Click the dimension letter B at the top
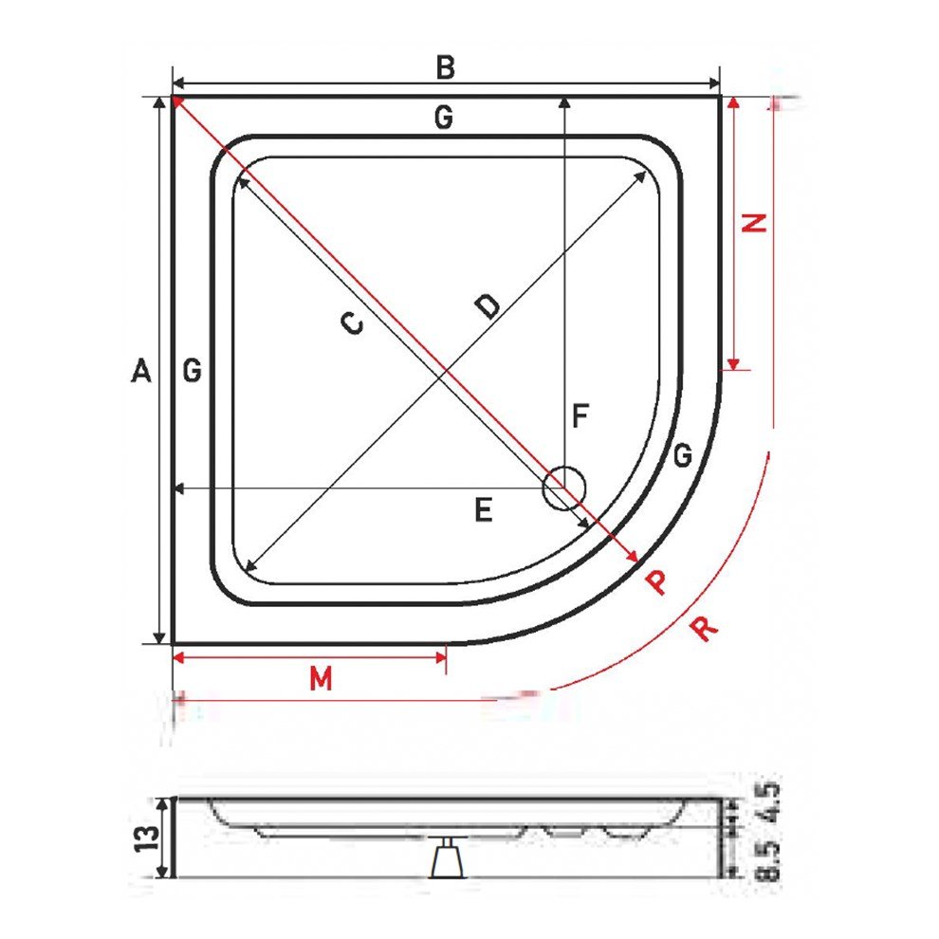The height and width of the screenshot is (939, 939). pyautogui.click(x=446, y=68)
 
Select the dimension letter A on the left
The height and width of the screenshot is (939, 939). pyautogui.click(x=141, y=372)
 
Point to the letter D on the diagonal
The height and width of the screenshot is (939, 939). pyautogui.click(x=488, y=305)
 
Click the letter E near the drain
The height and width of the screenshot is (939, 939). pyautogui.click(x=484, y=512)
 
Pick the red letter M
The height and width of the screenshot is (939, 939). pyautogui.click(x=322, y=679)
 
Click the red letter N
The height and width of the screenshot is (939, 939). pyautogui.click(x=754, y=223)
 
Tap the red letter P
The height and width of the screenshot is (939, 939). pyautogui.click(x=655, y=581)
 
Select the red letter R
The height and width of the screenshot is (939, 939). pyautogui.click(x=703, y=628)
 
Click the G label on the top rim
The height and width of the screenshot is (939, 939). pyautogui.click(x=443, y=118)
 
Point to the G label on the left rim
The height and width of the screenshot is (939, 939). pyautogui.click(x=193, y=372)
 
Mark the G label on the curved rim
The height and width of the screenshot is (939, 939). pyautogui.click(x=682, y=456)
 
